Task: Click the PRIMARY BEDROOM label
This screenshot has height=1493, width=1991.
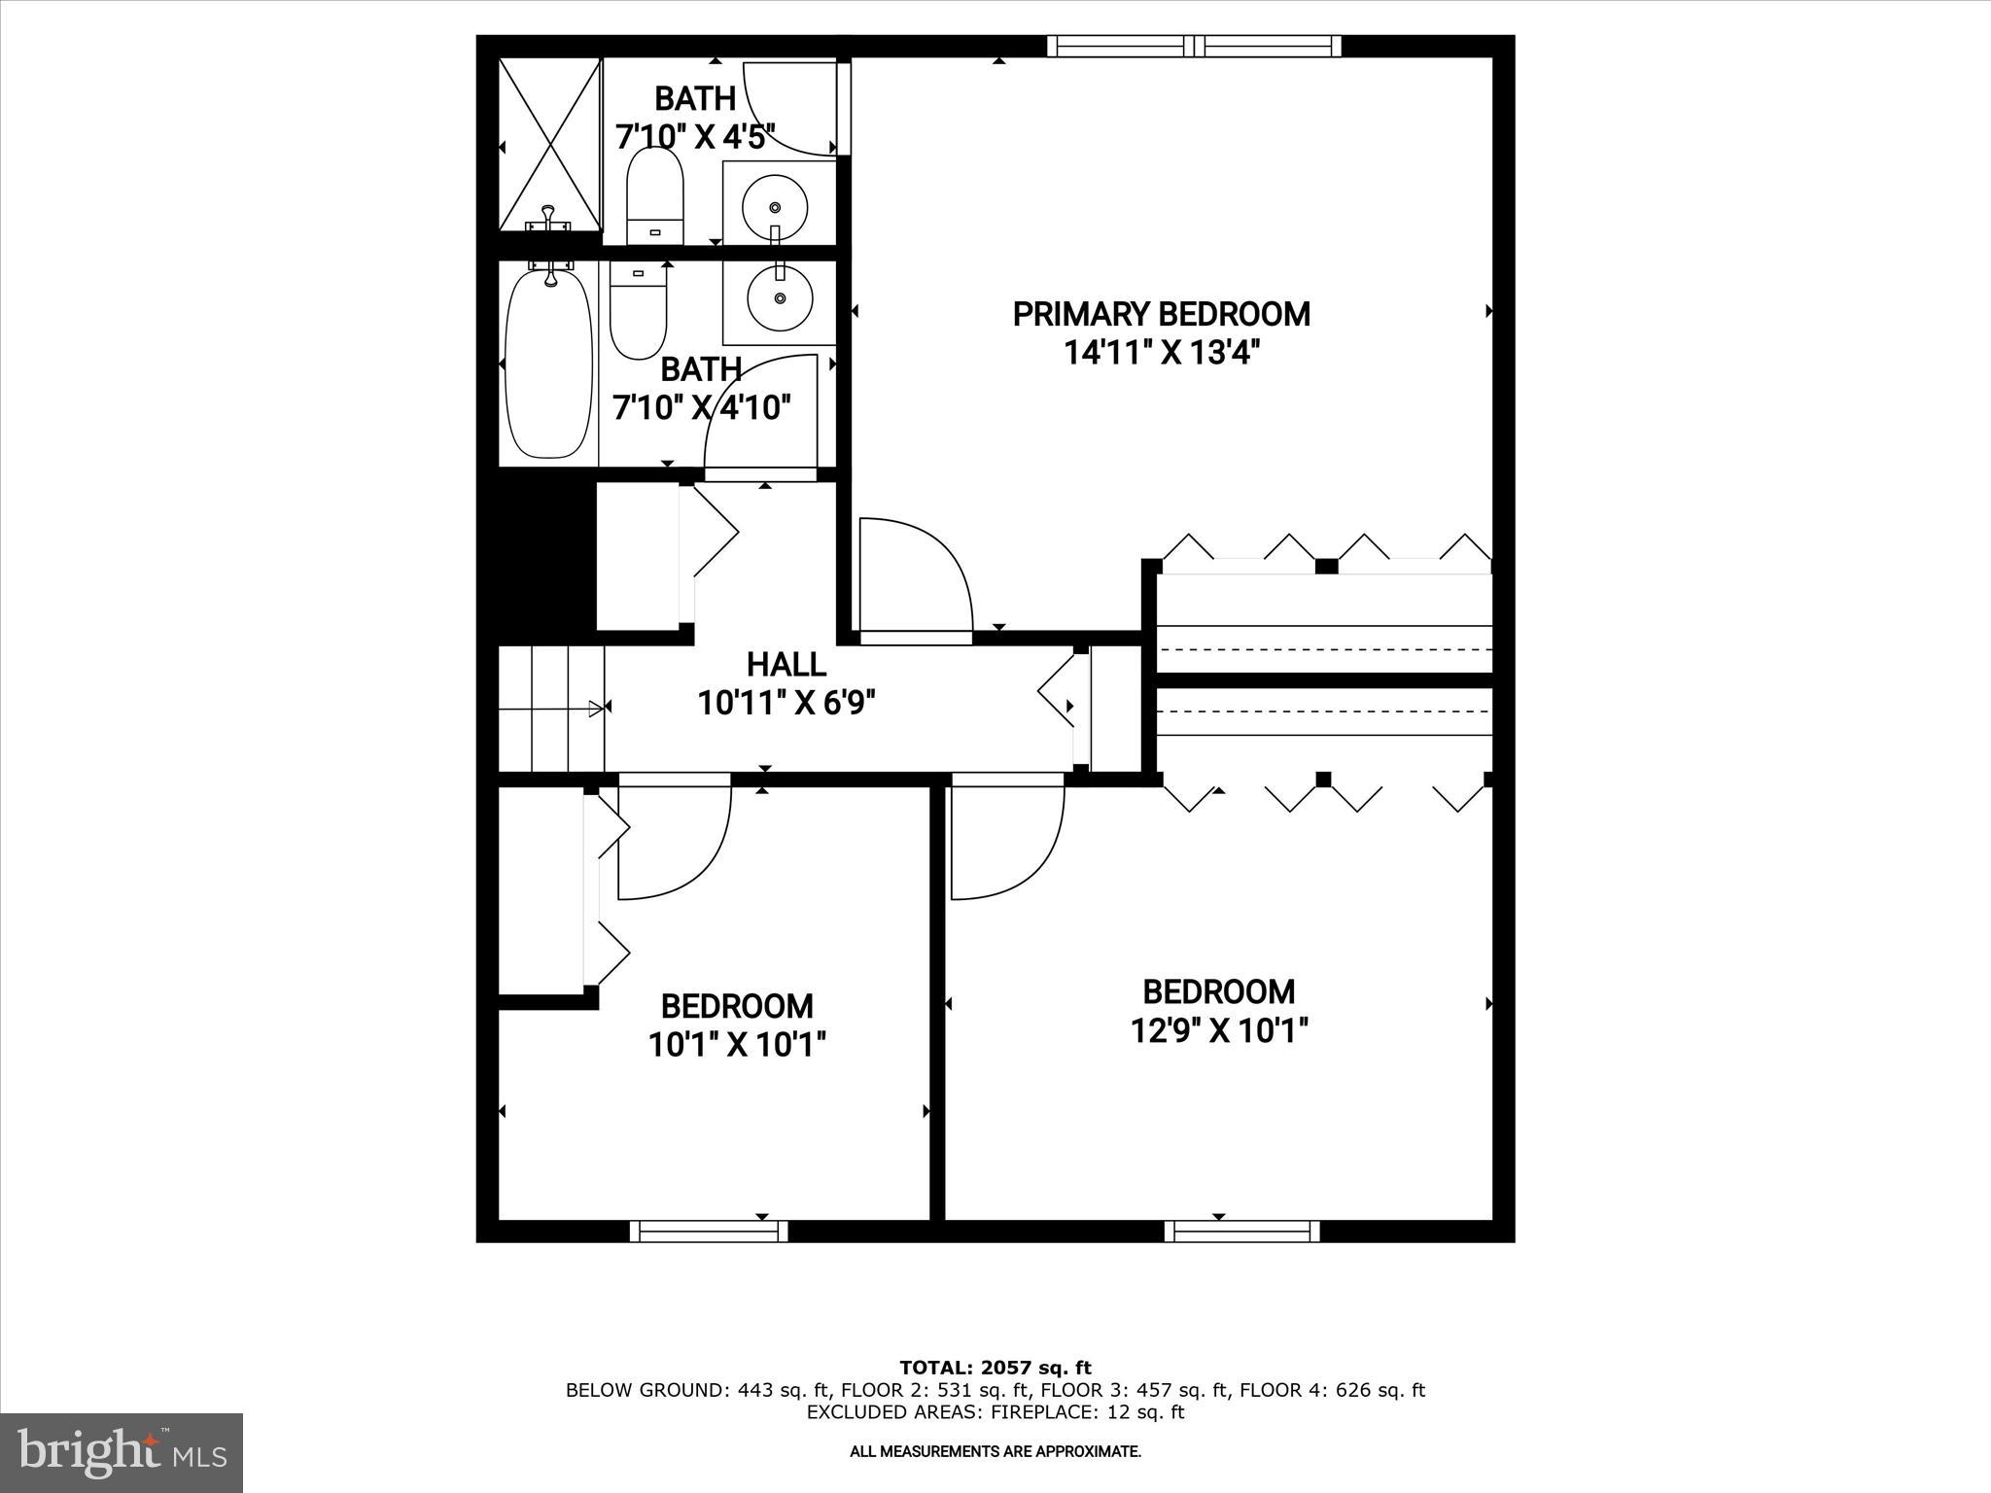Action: click(x=1161, y=314)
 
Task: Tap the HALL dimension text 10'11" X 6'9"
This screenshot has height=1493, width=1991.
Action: click(x=786, y=703)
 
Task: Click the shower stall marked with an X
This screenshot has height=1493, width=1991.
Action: click(x=550, y=144)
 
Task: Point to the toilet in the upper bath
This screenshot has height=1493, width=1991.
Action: click(x=654, y=195)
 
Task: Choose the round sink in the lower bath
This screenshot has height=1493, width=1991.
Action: click(x=780, y=298)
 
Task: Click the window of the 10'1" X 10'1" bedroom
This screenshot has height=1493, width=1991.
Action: click(x=709, y=1231)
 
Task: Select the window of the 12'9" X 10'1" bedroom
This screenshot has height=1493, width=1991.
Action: click(x=1241, y=1231)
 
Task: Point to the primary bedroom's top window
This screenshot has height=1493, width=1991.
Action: click(x=1194, y=46)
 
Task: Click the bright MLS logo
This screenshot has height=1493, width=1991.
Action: click(x=122, y=1452)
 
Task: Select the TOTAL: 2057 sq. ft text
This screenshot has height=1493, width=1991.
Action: click(x=995, y=1369)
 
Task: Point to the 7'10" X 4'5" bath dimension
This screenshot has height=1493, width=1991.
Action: click(x=695, y=137)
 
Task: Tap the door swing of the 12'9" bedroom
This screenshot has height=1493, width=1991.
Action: click(x=1005, y=842)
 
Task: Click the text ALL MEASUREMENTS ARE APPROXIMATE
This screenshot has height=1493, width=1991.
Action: click(x=995, y=1451)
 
